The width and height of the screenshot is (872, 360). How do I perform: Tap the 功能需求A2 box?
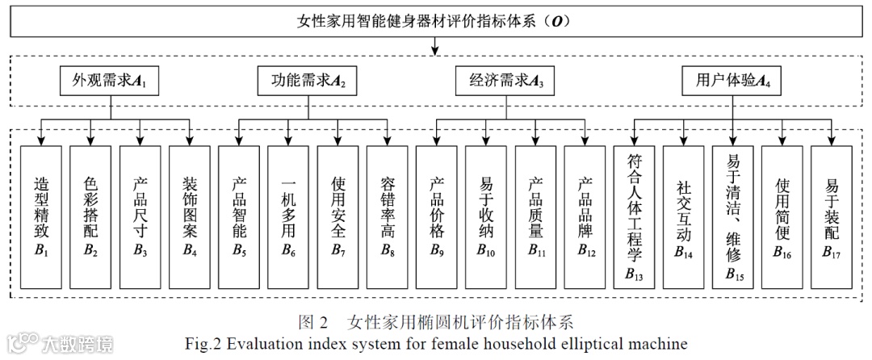(x=308, y=82)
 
